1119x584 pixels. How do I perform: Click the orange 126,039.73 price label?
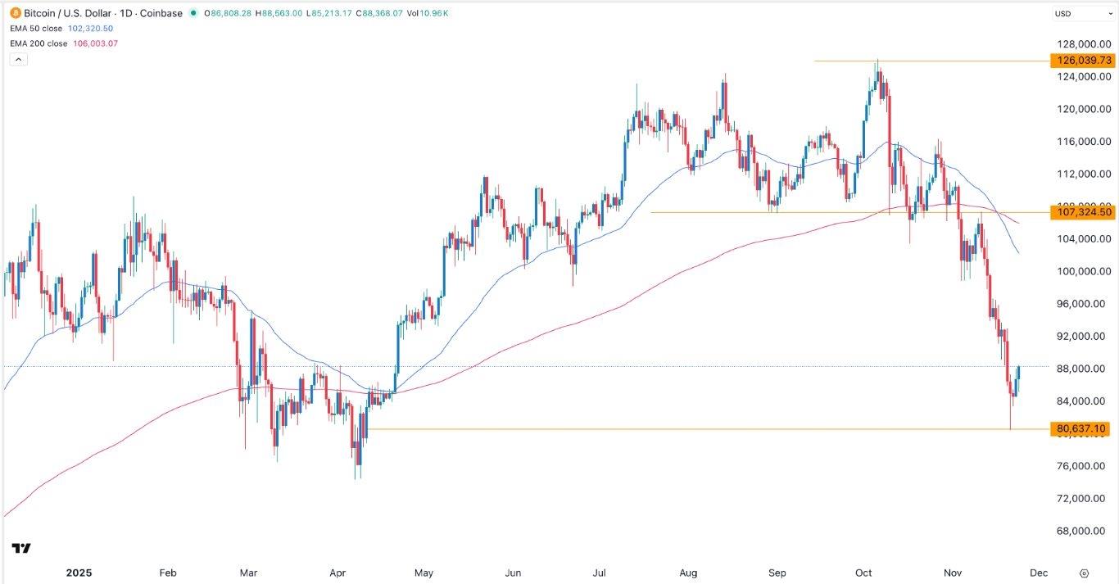point(1082,61)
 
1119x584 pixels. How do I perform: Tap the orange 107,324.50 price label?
point(1082,212)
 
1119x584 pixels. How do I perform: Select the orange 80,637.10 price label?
point(1082,428)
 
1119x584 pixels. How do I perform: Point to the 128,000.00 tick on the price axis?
point(1082,44)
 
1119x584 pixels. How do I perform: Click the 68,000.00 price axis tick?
point(1082,531)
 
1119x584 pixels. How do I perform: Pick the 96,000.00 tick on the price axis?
point(1082,304)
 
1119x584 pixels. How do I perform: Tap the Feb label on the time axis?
point(168,573)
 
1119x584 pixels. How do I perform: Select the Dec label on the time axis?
point(1038,573)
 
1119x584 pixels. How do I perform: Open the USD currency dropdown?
point(1081,14)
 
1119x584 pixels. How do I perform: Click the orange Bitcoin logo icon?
point(15,13)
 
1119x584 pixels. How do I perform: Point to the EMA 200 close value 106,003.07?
point(96,43)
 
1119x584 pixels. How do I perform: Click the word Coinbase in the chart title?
point(161,13)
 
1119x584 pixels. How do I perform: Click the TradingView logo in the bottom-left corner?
point(21,548)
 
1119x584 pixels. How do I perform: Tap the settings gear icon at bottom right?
point(1084,573)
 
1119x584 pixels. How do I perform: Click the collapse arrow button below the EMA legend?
point(16,59)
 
